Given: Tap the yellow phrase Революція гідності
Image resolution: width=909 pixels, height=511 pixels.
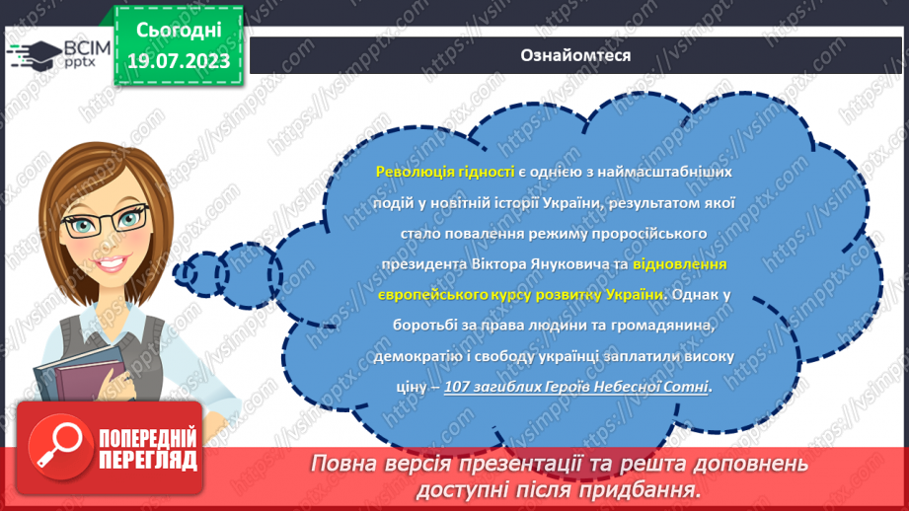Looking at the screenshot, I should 445,171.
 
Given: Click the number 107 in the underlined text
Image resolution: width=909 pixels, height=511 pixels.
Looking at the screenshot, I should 460,387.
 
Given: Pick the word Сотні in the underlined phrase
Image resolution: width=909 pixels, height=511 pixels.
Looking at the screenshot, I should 688,387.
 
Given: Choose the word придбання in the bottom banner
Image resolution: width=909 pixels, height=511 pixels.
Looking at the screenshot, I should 651,488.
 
